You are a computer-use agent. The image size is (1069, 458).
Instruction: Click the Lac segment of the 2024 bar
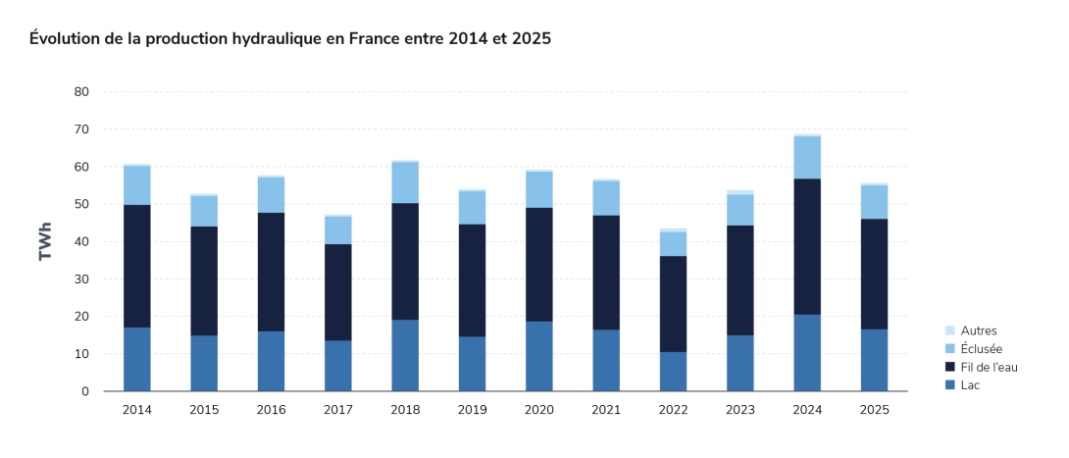coord(807,353)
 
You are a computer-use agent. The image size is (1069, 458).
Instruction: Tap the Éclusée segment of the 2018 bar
coord(405,182)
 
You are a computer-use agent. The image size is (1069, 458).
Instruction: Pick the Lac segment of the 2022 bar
coord(673,372)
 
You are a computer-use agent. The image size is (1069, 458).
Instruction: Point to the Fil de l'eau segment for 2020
coord(539,265)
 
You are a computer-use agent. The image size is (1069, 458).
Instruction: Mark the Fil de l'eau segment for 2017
coord(338,292)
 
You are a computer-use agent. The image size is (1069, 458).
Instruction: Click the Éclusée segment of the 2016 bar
coord(272,195)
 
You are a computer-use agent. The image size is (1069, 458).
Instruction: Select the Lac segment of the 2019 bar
coord(472,364)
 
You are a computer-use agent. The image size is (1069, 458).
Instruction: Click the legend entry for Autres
coord(979,331)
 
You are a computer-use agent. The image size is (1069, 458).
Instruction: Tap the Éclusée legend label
coord(982,349)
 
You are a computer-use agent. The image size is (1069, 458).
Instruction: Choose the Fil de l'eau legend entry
coord(989,367)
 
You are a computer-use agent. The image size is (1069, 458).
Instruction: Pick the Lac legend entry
coord(971,385)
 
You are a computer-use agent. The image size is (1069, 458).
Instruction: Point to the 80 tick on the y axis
coord(81,92)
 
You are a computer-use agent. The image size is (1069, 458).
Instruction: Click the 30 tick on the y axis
coord(81,280)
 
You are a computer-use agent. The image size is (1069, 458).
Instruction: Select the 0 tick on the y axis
coord(85,391)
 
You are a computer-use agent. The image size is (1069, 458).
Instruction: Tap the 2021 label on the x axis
coord(606,410)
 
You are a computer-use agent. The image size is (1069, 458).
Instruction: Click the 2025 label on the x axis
coord(874,410)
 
